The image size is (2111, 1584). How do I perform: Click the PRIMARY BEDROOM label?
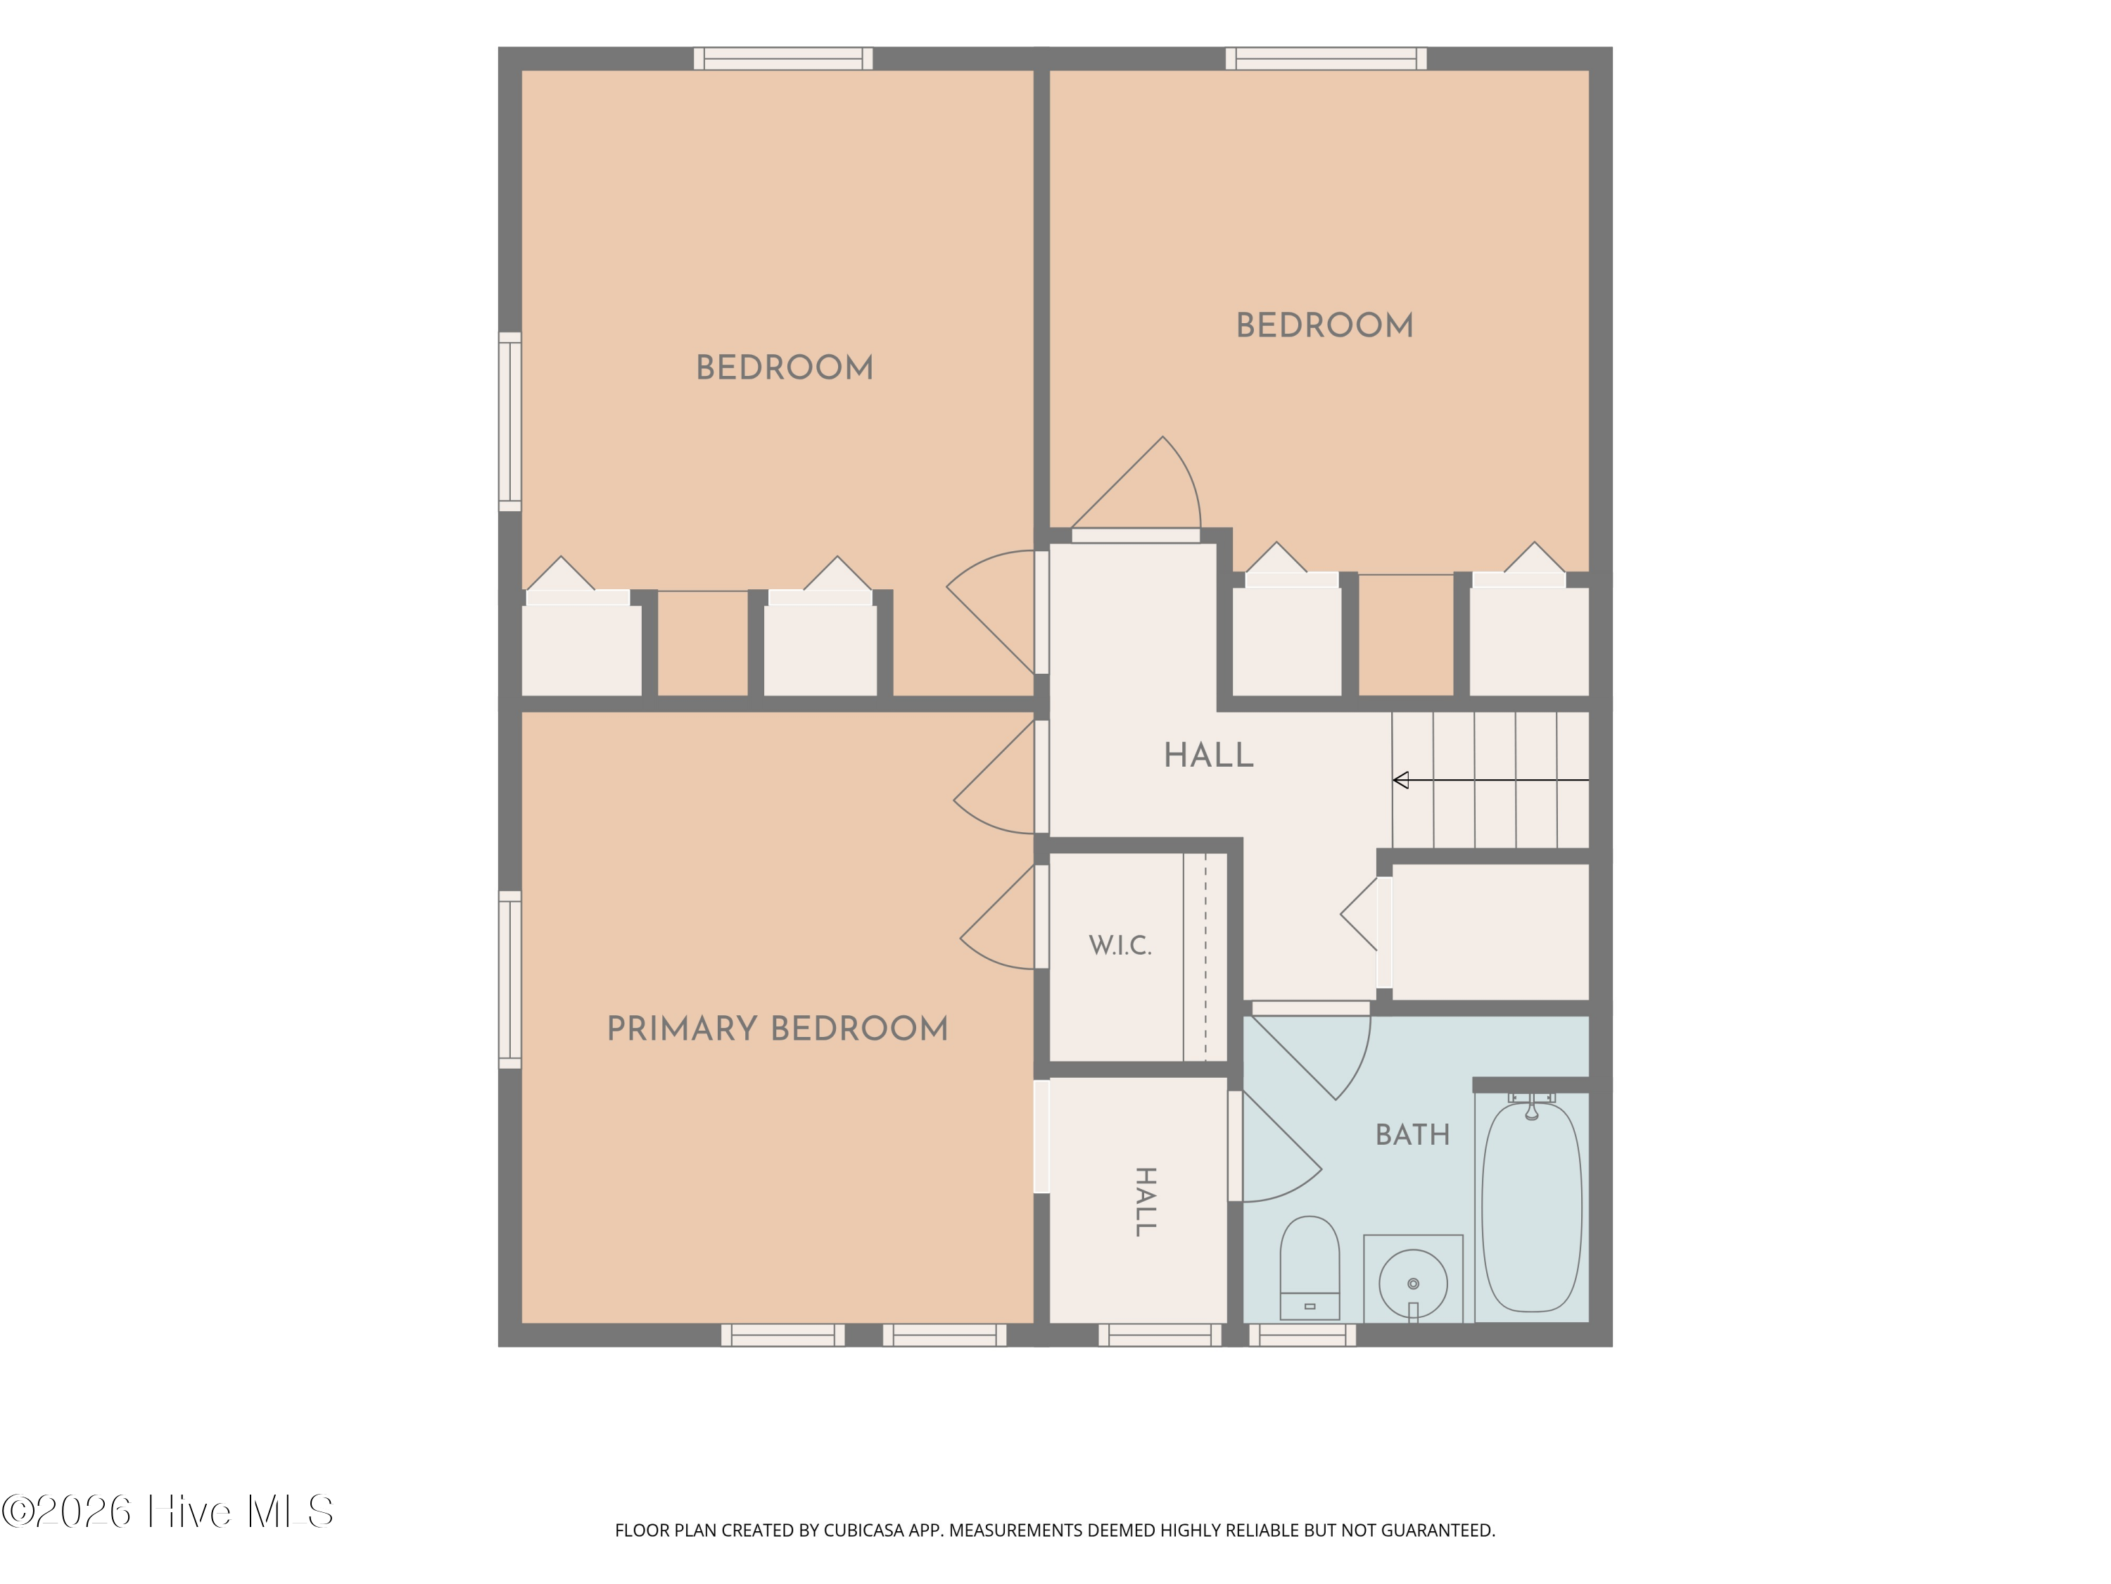(778, 1029)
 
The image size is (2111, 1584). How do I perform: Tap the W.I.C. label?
(1120, 945)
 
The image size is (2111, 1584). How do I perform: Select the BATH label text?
(1412, 1134)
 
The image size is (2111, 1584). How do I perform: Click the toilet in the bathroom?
(1310, 1268)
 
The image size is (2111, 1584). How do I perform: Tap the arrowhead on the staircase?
(1401, 780)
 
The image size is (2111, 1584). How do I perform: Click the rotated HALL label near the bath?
(1145, 1202)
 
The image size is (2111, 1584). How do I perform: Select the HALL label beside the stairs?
(1208, 755)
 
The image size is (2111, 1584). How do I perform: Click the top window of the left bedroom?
(782, 58)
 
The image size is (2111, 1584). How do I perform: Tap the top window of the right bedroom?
(1326, 58)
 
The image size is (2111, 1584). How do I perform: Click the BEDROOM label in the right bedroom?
(1324, 325)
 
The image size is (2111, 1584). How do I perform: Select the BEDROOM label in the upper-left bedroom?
(785, 367)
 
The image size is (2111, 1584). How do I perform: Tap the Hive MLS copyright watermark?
(167, 1511)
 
